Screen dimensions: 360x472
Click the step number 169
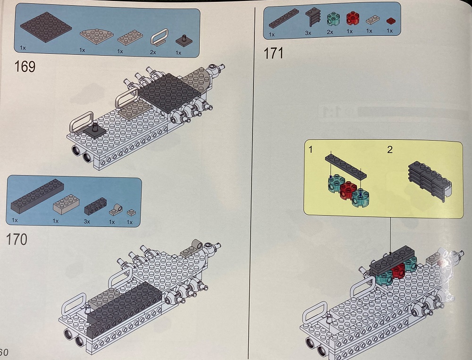coord(25,67)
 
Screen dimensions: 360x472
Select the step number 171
coord(274,53)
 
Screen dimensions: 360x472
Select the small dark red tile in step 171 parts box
coord(389,21)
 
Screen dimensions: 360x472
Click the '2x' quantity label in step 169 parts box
coord(152,52)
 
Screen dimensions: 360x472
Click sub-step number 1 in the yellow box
coord(311,150)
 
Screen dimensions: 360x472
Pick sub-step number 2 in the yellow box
coord(389,150)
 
